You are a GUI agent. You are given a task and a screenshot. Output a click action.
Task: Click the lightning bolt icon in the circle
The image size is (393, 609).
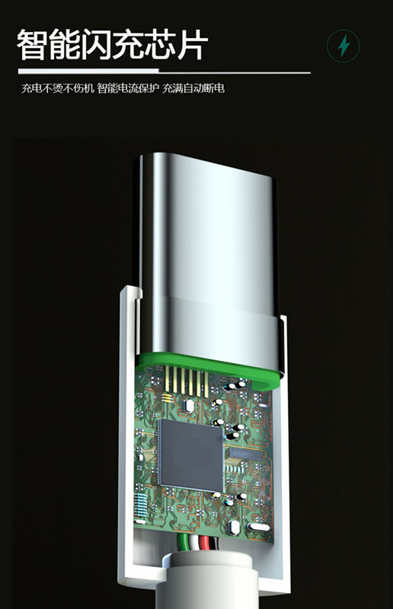(343, 46)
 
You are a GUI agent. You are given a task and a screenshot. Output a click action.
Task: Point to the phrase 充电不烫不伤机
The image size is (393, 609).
(58, 88)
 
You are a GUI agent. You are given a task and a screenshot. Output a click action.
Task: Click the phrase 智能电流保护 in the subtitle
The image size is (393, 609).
(128, 88)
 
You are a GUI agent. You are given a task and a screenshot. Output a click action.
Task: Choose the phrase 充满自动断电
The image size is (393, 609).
(193, 88)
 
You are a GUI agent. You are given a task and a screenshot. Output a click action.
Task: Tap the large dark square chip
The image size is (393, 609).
(192, 455)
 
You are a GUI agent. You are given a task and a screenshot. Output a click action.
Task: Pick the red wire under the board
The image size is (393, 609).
(205, 543)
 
